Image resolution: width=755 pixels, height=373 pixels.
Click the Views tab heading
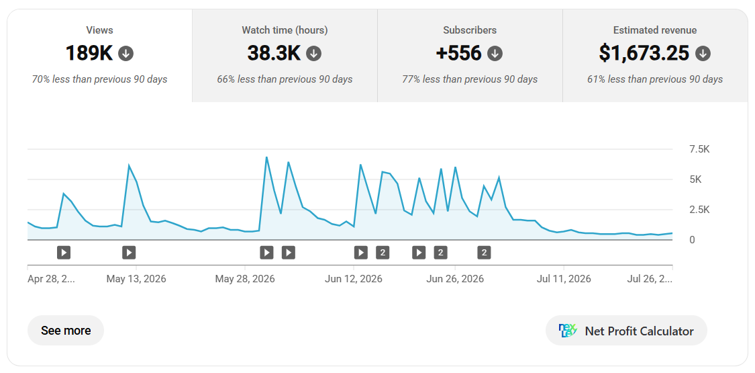coord(100,30)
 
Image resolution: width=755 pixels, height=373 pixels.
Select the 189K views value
coord(89,53)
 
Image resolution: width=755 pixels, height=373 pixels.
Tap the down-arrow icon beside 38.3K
coord(314,53)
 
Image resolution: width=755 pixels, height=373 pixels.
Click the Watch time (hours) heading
coord(285,30)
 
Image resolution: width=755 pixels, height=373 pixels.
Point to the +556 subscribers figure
coord(459,53)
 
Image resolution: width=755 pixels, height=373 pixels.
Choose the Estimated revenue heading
coord(655,30)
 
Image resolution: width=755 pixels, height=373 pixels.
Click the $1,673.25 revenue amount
coord(644,53)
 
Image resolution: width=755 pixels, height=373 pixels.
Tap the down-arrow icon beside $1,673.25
coord(703,53)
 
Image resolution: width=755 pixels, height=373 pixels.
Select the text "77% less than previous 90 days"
coord(470,79)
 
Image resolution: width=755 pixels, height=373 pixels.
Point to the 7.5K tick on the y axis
coord(699,149)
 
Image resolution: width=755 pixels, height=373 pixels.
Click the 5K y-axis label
coord(695,179)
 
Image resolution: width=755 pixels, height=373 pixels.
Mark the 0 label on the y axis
coord(692,239)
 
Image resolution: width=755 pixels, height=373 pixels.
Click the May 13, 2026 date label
coord(136,279)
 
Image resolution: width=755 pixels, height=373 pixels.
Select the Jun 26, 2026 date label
coord(455,279)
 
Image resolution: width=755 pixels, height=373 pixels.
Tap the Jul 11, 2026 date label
coord(564,279)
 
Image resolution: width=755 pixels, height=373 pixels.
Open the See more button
coord(66,331)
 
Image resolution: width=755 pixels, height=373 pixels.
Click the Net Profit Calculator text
coord(639,331)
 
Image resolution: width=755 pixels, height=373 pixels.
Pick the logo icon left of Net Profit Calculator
coord(568,331)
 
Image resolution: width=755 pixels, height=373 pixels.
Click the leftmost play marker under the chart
coord(64,252)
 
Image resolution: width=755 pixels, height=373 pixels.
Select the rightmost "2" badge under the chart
coord(485,252)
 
